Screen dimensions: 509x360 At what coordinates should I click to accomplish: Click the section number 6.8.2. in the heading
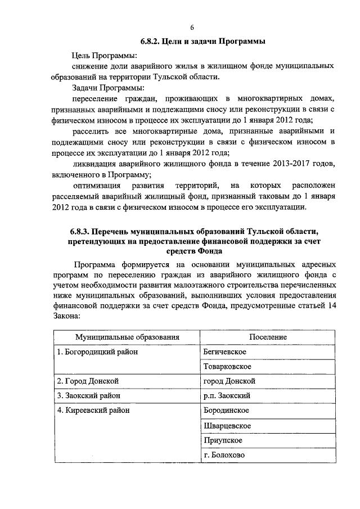pos(151,42)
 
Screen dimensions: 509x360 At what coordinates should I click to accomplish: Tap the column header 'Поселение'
pos(268,337)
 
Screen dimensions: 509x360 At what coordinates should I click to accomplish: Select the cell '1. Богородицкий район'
pos(97,352)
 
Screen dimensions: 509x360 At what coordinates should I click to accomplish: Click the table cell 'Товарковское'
pos(227,367)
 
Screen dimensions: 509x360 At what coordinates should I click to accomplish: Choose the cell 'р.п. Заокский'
pos(227,396)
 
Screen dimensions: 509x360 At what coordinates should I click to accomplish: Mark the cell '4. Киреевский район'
pos(93,411)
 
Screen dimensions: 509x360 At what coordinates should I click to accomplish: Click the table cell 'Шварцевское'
pos(227,426)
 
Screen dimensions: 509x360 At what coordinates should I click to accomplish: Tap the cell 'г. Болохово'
pos(224,455)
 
